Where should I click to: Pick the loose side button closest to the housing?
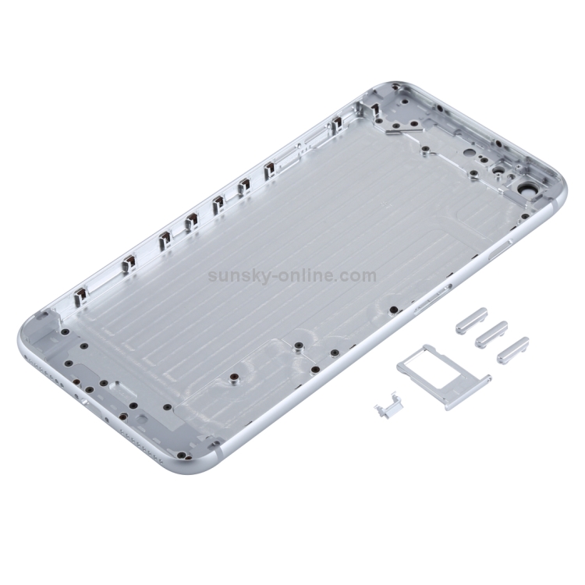[472, 321]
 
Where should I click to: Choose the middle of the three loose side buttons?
[491, 335]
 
